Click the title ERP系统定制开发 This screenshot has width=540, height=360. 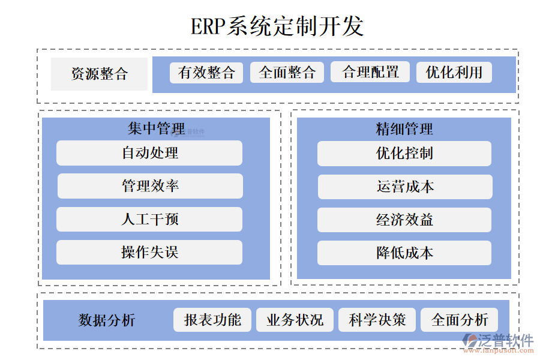click(277, 26)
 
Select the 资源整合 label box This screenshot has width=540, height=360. click(99, 74)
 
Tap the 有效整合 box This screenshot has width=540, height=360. click(206, 73)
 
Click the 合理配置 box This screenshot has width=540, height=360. click(370, 73)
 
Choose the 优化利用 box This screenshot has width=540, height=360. click(454, 73)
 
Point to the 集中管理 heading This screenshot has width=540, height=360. click(156, 128)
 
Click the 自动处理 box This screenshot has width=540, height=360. click(149, 153)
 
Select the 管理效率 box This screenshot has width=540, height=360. click(150, 186)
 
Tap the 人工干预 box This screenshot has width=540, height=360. click(149, 219)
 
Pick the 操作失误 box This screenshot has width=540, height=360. click(149, 253)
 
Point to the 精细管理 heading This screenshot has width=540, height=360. click(404, 128)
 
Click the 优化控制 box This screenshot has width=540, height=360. click(404, 154)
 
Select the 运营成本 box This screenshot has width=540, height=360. click(405, 187)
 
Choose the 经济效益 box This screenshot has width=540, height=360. click(404, 220)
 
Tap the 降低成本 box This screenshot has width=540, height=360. click(404, 253)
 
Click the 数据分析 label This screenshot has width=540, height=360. click(107, 320)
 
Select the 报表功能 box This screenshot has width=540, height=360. click(212, 320)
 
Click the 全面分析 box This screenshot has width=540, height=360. click(459, 320)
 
